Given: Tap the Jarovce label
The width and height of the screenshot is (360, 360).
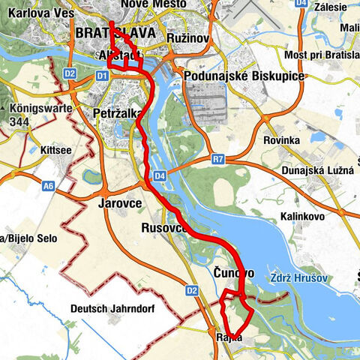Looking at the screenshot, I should click(x=119, y=202).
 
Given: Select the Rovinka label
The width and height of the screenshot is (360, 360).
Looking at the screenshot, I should click(x=282, y=140).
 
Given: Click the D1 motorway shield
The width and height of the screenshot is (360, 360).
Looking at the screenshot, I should click(x=101, y=76).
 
